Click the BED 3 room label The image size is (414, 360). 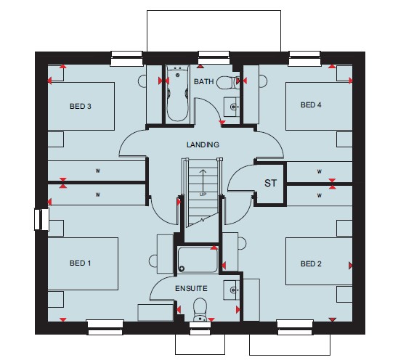click(x=81, y=107)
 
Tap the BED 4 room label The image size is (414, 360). click(x=311, y=105)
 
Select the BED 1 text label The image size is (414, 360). click(x=81, y=263)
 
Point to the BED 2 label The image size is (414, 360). click(x=311, y=263)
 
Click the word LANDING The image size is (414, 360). click(x=203, y=144)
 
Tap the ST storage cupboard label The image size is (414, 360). click(x=270, y=183)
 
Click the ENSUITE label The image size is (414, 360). click(x=191, y=288)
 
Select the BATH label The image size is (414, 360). click(x=203, y=81)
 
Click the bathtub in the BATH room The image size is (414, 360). click(x=177, y=94)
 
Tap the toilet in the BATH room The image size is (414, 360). click(x=228, y=83)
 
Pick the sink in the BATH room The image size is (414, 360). click(x=232, y=107)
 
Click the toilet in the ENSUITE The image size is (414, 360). click(x=200, y=310)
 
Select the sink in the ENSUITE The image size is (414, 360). click(x=232, y=290)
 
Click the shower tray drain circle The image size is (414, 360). click(x=182, y=269)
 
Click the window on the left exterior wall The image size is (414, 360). click(x=41, y=219)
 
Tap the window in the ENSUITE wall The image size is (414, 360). click(x=200, y=328)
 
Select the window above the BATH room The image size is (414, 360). click(x=214, y=58)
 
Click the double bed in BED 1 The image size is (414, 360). click(x=83, y=263)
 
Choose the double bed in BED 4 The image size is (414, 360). click(x=319, y=107)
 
